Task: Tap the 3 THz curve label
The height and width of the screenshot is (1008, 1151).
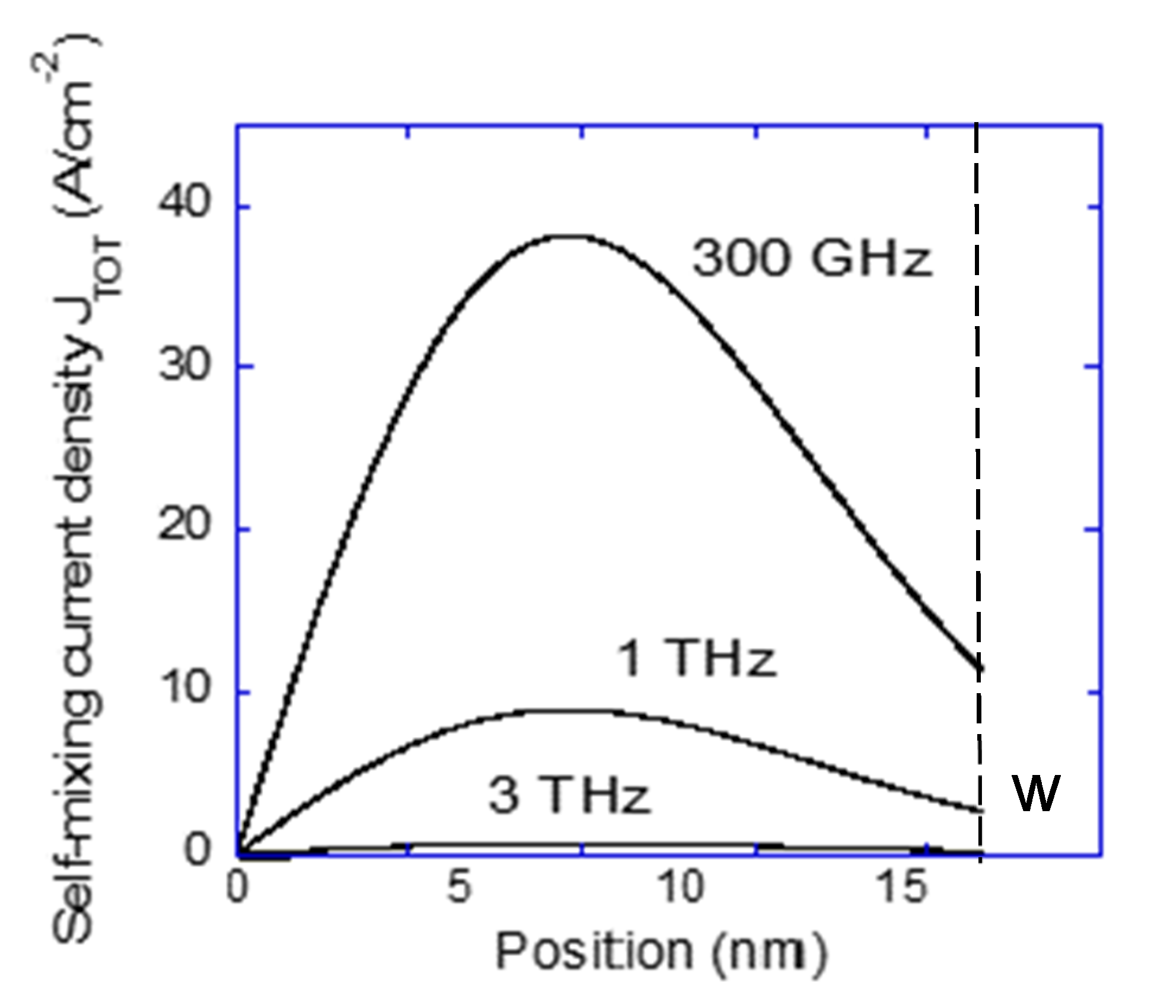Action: (x=569, y=796)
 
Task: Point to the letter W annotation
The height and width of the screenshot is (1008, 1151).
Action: (x=1035, y=793)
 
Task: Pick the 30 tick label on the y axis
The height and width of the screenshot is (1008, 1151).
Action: (x=184, y=365)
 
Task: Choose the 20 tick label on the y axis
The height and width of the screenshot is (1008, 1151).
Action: (x=184, y=526)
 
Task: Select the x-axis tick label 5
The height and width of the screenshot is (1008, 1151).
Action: (x=458, y=888)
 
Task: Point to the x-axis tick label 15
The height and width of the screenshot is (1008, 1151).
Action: (x=901, y=888)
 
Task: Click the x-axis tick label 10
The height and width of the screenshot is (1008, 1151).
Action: (x=680, y=888)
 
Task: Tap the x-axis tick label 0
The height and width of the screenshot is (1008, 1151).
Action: (x=238, y=888)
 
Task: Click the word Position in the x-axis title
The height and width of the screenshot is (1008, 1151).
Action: (x=594, y=951)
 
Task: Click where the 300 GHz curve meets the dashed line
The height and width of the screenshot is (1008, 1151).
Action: (x=977, y=666)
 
